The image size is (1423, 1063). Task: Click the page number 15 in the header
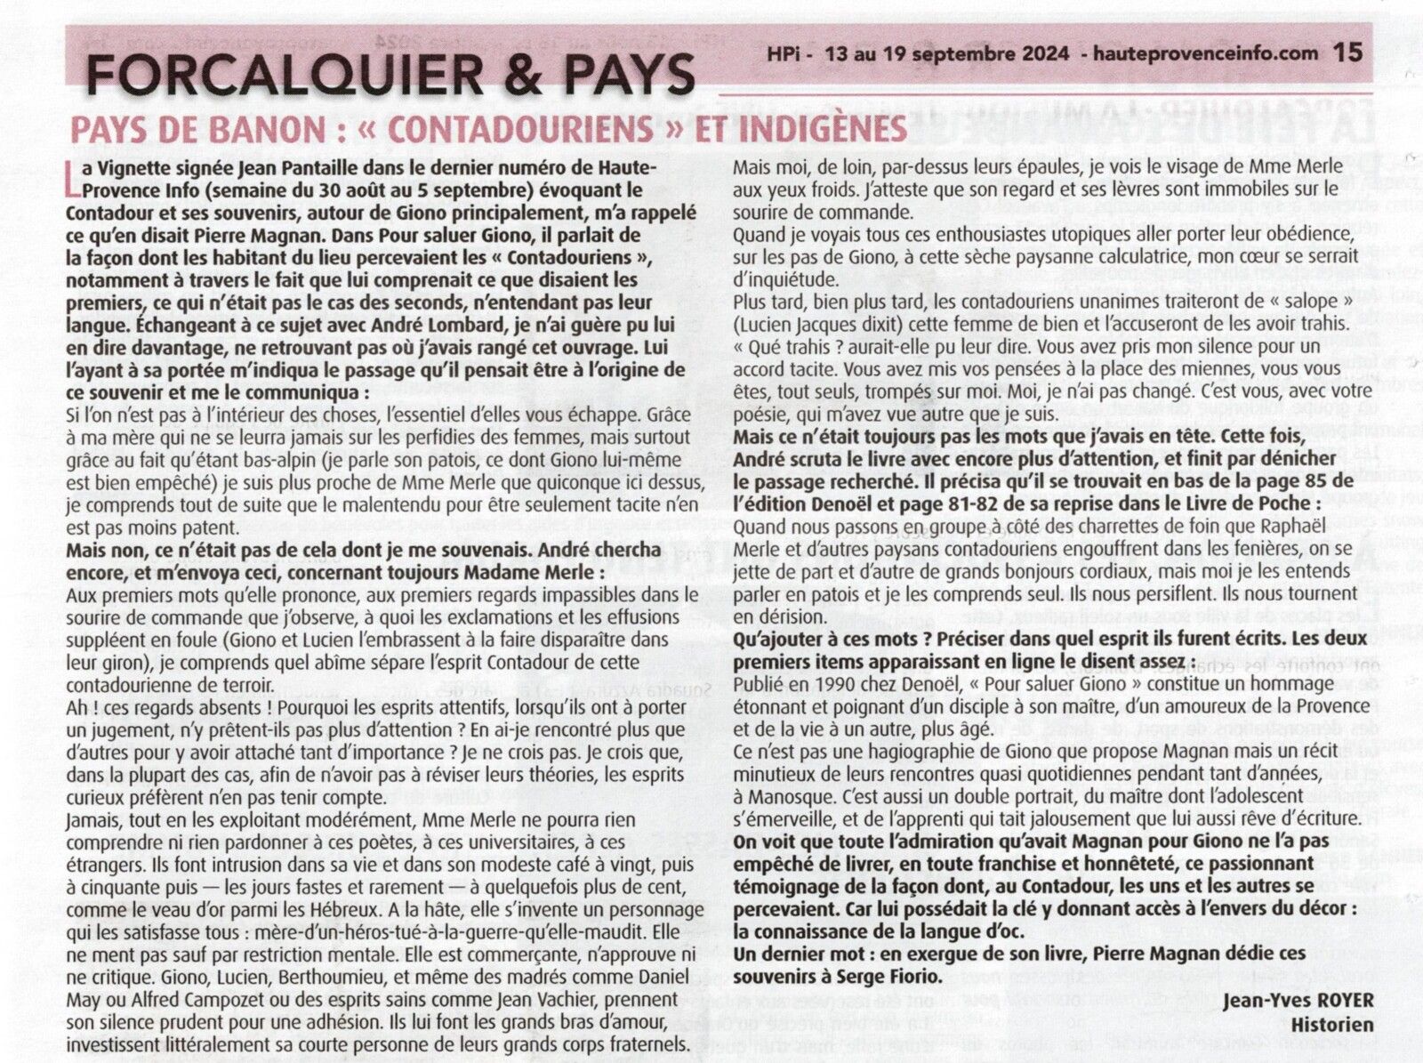point(1347,52)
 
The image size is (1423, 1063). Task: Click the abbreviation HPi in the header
point(785,53)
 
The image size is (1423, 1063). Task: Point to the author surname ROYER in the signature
point(1340,1000)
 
